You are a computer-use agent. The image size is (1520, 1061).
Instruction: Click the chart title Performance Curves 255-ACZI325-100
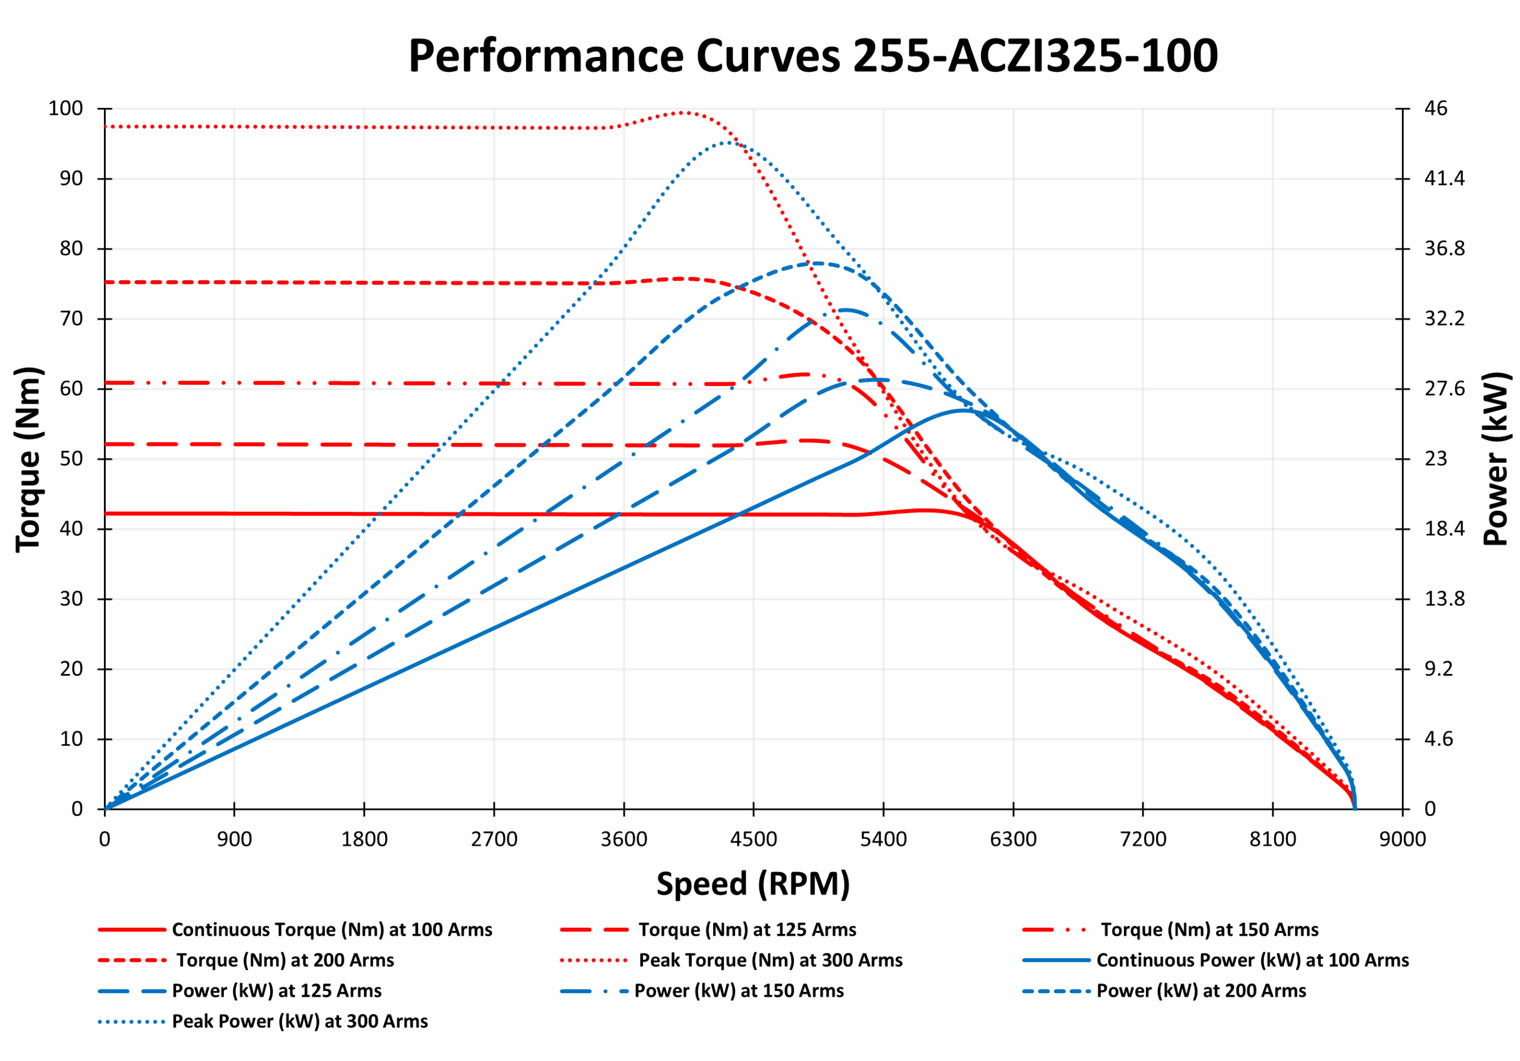(x=812, y=56)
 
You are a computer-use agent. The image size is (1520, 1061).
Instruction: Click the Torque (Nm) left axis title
(x=29, y=459)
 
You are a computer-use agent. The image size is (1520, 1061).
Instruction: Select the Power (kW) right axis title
(x=1495, y=459)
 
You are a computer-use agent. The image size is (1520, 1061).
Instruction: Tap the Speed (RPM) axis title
(x=753, y=883)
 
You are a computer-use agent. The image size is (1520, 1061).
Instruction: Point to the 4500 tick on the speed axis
(x=753, y=840)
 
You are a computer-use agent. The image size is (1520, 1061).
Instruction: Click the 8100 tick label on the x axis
(x=1272, y=840)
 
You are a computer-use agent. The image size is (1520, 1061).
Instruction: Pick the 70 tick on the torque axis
(x=71, y=319)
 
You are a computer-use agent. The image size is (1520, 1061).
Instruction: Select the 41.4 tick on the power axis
(x=1445, y=179)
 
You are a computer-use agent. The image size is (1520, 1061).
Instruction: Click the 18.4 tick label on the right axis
(x=1445, y=529)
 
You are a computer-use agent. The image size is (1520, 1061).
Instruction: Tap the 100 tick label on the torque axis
(x=65, y=109)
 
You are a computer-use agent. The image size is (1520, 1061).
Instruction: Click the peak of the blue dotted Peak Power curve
(x=728, y=142)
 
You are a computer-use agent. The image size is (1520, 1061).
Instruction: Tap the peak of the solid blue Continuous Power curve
(x=962, y=410)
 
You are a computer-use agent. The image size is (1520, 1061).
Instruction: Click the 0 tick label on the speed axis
(x=104, y=840)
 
